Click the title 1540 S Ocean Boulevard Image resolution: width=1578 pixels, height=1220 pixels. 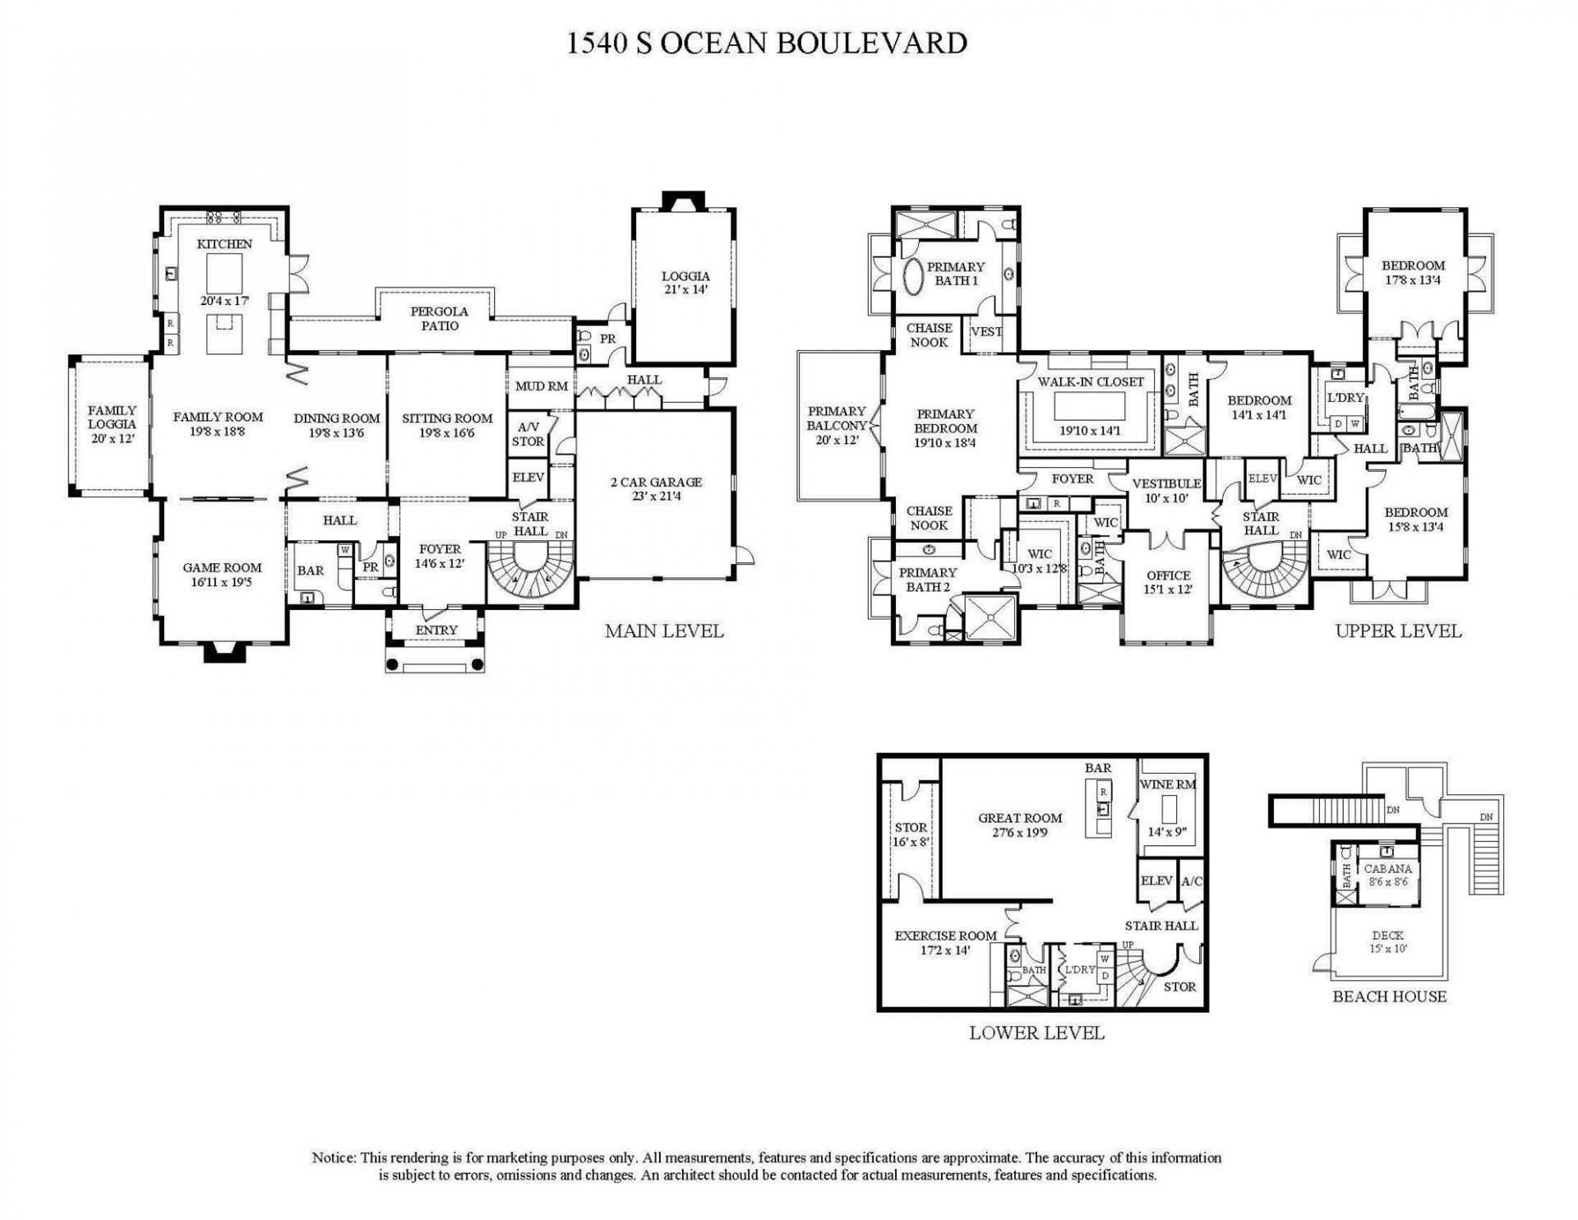tap(766, 43)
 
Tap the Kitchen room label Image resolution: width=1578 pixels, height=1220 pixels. tap(224, 244)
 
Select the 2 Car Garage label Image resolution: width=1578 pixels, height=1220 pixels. tap(656, 483)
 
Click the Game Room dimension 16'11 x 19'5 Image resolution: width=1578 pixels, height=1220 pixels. tap(222, 582)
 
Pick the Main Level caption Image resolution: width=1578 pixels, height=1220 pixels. tap(664, 631)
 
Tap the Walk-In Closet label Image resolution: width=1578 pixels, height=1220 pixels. tap(1091, 382)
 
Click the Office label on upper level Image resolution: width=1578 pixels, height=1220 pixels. tap(1168, 575)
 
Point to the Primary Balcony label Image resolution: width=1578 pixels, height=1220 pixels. tap(837, 418)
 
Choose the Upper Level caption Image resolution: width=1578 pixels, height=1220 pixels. tap(1398, 631)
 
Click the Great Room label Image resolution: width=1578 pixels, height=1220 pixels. tap(1020, 818)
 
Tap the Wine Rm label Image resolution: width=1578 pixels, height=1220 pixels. tap(1167, 784)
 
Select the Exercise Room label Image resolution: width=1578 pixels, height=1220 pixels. tap(945, 936)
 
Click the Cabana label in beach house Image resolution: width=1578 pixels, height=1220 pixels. tap(1388, 869)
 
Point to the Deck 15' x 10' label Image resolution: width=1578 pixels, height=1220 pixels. tap(1388, 941)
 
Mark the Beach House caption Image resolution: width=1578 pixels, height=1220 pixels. tap(1389, 996)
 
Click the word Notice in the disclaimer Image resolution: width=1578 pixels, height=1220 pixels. tap(333, 1158)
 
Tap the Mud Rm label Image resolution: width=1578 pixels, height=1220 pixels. tap(541, 386)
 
